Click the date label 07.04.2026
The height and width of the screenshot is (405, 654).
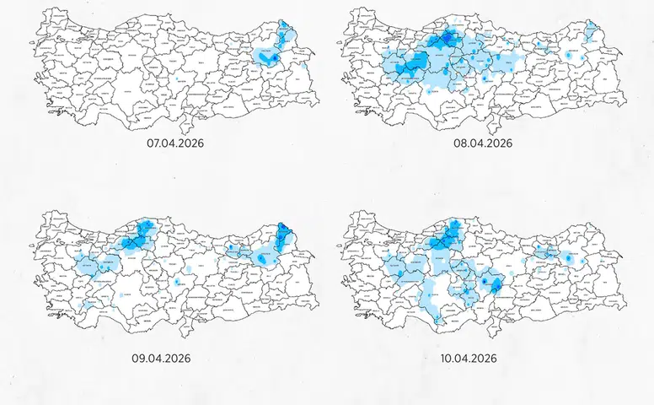pos(175,143)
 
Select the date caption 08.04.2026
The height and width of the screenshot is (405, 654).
pos(484,143)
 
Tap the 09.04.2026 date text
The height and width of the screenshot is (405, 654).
pos(161,358)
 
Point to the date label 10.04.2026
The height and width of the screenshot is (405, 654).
pos(469,358)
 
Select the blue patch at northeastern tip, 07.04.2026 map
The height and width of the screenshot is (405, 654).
pos(283,28)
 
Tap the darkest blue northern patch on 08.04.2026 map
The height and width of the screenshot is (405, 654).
pos(443,40)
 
